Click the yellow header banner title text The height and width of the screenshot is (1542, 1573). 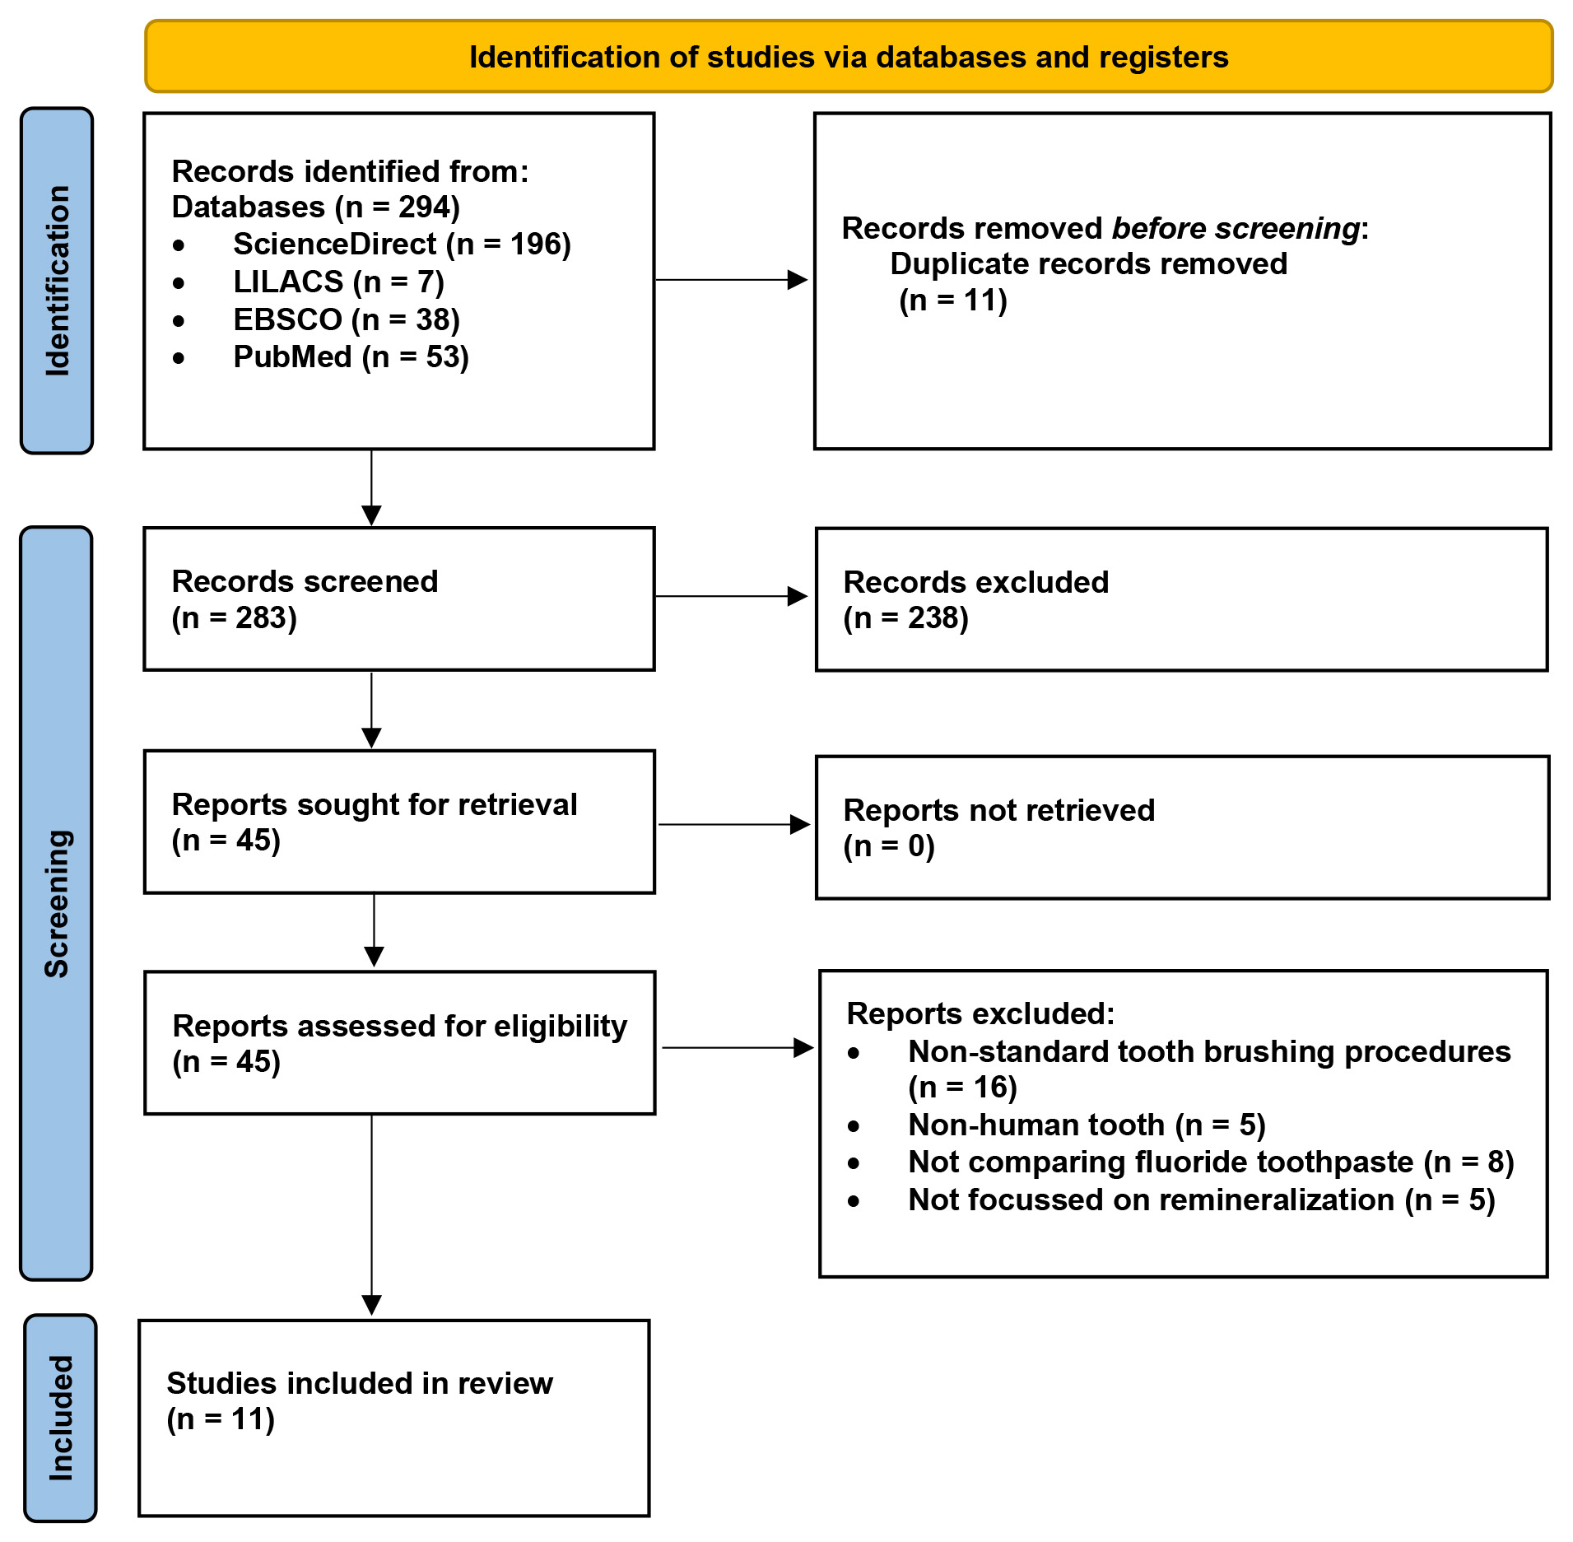849,58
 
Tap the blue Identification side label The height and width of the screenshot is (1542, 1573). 57,281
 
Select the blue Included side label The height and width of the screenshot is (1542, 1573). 61,1418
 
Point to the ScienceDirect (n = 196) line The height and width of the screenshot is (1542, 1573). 402,245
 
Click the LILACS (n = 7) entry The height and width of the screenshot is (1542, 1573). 339,282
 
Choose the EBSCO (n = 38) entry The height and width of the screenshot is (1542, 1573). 347,319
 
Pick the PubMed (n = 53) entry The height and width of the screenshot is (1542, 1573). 351,357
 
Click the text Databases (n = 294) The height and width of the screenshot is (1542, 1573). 316,207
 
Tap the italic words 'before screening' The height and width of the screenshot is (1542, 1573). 1236,228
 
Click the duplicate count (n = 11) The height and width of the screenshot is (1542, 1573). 953,300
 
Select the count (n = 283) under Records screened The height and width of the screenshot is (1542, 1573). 235,617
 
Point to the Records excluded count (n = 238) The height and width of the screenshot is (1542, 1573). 906,617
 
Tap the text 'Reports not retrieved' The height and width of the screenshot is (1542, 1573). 999,810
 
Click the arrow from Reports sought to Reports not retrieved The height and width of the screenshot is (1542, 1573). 734,824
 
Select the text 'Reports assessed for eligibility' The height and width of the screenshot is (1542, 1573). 400,1026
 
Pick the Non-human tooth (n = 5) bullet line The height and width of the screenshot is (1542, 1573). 1087,1125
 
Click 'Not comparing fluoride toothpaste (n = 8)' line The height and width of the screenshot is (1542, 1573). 1211,1162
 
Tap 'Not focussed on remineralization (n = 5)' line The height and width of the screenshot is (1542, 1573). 1202,1200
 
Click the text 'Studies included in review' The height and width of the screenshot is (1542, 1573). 360,1383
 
